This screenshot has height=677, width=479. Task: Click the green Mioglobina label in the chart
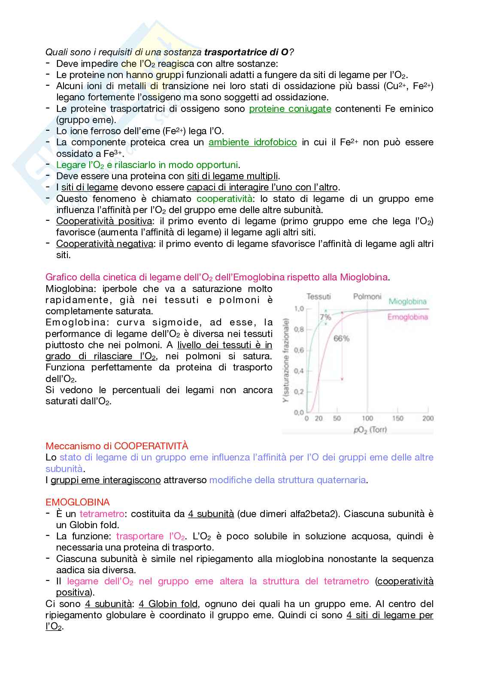(x=407, y=301)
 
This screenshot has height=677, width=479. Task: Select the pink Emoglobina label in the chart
(x=407, y=317)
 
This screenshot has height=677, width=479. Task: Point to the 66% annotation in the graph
(x=341, y=338)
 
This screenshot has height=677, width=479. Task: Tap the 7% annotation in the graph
(x=325, y=317)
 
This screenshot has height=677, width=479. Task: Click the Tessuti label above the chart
(x=318, y=296)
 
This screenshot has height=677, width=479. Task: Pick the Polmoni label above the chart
(x=367, y=296)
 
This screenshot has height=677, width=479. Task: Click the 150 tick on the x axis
(x=397, y=418)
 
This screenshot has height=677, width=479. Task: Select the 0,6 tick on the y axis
(x=299, y=350)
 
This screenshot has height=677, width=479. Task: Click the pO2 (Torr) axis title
(x=370, y=429)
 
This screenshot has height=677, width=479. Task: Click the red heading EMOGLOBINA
(x=77, y=502)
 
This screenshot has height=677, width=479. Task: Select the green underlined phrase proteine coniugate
(x=290, y=108)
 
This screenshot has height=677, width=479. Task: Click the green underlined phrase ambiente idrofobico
(x=252, y=142)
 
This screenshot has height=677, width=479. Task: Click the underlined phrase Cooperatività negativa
(x=104, y=244)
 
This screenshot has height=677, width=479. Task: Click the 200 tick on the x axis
(x=427, y=418)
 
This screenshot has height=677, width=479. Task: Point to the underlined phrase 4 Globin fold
(x=168, y=604)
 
